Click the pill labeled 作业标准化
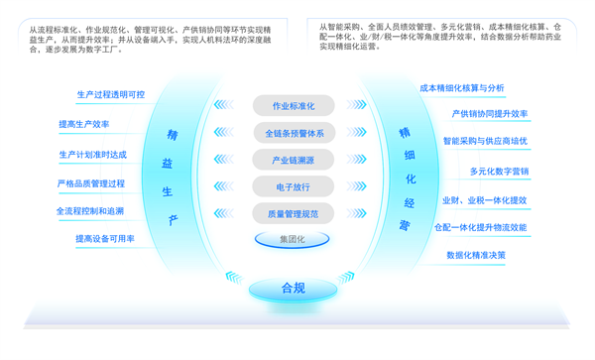pos(294,106)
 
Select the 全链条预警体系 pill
pos(294,133)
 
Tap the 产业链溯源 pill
pos(294,160)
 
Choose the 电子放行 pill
pos(294,186)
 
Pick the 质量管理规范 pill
pos(294,212)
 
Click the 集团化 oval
pos(293,239)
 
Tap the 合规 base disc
pos(294,289)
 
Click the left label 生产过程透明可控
pos(110,95)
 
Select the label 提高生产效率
pos(84,125)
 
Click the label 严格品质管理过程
pos(90,183)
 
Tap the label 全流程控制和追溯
pos(90,211)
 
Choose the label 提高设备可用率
pos(105,239)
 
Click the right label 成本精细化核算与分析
pos(462,88)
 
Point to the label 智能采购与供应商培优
pos(485,142)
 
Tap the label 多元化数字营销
pos(499,171)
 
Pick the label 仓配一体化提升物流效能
pos(480,227)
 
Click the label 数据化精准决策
pos(476,255)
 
